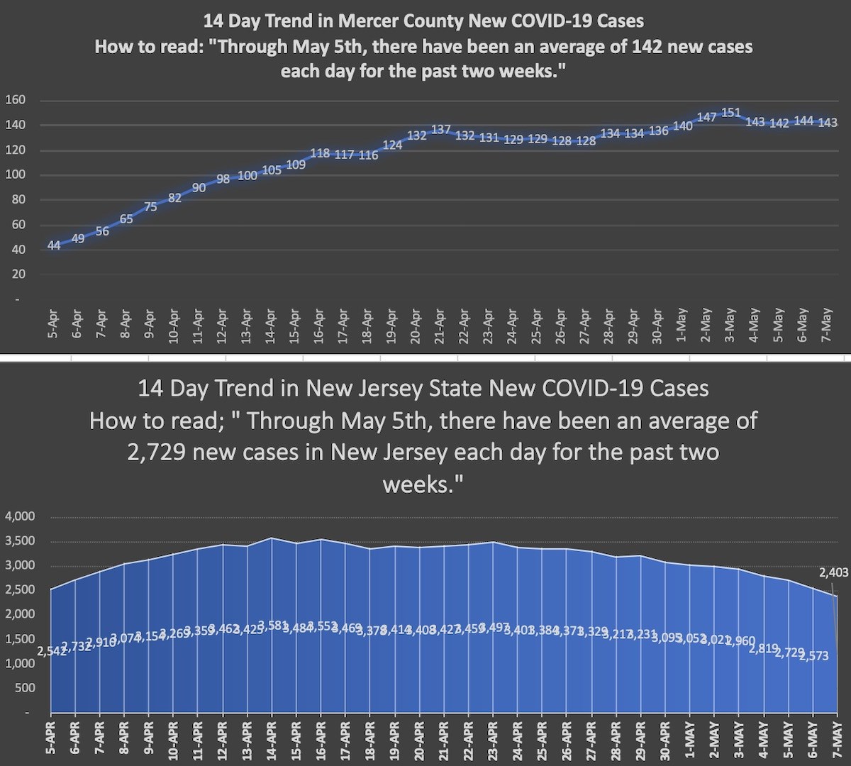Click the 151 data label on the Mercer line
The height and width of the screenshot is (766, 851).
[731, 113]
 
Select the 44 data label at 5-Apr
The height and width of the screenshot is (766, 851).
[54, 245]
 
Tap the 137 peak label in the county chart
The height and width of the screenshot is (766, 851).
[441, 130]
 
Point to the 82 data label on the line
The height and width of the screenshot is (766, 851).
[175, 199]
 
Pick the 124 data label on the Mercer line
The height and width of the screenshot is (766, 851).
[392, 145]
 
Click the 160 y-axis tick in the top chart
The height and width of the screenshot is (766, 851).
[16, 100]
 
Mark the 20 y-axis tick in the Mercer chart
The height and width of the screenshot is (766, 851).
[18, 274]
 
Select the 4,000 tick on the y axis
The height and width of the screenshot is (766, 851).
[20, 516]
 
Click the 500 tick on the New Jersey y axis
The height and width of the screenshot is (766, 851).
[25, 688]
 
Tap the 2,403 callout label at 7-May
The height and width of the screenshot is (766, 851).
[833, 572]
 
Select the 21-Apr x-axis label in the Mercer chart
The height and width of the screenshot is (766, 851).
[440, 326]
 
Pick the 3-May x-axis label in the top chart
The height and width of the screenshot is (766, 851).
[730, 326]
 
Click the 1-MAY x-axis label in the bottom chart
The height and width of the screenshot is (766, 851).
[689, 741]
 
